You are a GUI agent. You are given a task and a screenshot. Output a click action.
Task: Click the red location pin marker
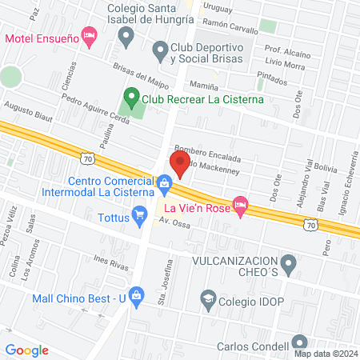click(179, 164)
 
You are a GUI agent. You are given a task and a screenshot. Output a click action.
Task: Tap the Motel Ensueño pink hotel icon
click(90, 35)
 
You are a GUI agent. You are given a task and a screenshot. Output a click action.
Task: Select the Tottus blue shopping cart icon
click(140, 214)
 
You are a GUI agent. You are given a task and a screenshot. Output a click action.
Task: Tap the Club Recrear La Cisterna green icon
click(130, 101)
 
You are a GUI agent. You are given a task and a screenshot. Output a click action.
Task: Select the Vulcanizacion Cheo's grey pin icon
click(289, 262)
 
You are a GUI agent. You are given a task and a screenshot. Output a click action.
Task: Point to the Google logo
click(26, 350)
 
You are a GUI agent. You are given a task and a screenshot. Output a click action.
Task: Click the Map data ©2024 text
click(325, 353)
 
